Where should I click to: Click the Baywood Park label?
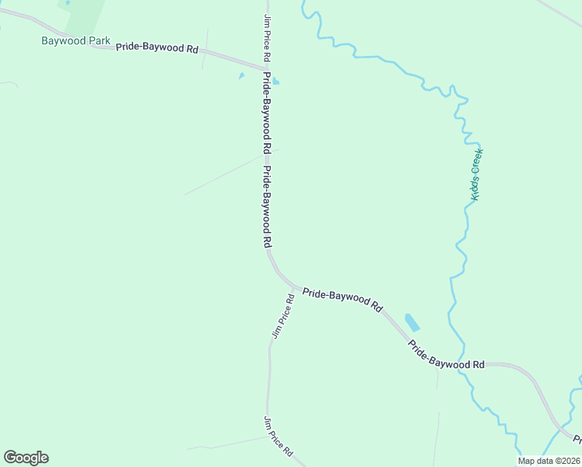click(76, 40)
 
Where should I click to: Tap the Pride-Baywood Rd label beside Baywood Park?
click(157, 47)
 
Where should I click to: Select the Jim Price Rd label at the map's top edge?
click(267, 37)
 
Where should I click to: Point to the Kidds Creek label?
click(477, 175)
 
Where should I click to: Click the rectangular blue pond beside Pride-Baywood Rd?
click(412, 322)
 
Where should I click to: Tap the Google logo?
click(26, 458)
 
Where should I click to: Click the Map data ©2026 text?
click(549, 461)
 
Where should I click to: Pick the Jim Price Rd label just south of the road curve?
click(282, 316)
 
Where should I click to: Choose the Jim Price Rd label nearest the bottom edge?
click(278, 437)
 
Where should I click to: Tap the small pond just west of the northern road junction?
click(241, 75)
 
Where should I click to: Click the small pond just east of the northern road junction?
click(275, 80)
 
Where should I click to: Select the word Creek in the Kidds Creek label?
click(478, 163)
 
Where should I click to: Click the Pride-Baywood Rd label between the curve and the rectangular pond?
click(342, 300)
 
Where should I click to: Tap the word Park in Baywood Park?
click(100, 40)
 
